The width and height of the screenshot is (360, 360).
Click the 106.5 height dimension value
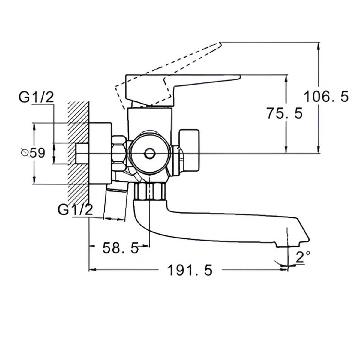click(x=326, y=97)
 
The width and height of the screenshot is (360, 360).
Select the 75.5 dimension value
click(x=285, y=114)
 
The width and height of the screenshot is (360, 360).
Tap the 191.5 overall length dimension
click(x=190, y=270)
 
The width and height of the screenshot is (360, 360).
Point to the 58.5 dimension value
click(x=120, y=248)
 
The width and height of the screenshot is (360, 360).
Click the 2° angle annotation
click(x=302, y=257)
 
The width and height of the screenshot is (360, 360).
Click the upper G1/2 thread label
click(x=36, y=97)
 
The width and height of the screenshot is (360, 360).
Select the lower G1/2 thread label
click(x=75, y=210)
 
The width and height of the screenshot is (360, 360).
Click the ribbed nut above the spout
click(x=150, y=191)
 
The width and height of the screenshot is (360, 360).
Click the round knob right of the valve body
click(x=189, y=150)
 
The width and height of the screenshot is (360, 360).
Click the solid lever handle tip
click(x=238, y=77)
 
